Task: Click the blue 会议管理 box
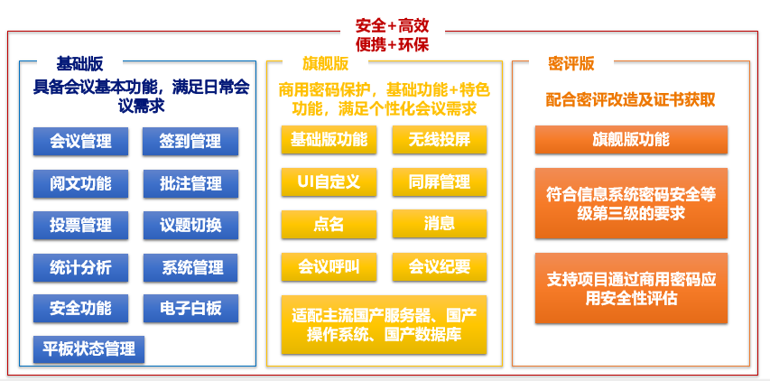coord(80,142)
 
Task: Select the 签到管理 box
coord(190,142)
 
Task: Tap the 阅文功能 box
coord(80,183)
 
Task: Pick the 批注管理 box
coord(190,183)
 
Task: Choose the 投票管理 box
coord(80,226)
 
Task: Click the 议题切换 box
coord(190,226)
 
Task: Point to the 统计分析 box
coord(80,267)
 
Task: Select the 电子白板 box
coord(190,309)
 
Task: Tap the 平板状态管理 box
coord(88,349)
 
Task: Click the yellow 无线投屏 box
coord(440,139)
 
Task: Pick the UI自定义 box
coord(329,182)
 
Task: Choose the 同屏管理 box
coord(440,182)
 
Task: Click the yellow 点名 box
coord(329,224)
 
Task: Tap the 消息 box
coord(440,224)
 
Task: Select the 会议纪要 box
coord(440,266)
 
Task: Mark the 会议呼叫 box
coord(329,266)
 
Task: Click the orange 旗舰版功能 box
coord(631,139)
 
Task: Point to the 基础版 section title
coord(79,64)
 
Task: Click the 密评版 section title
coord(571,64)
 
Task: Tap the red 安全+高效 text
coord(393,25)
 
